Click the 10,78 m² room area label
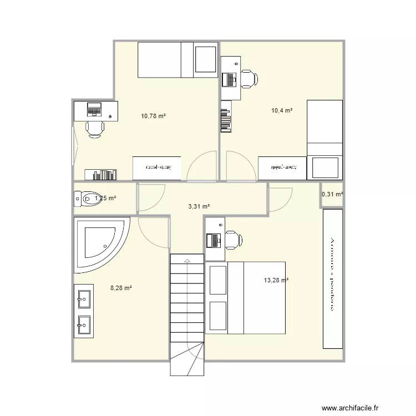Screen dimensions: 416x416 tap(154, 116)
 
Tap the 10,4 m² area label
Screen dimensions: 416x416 tap(281, 111)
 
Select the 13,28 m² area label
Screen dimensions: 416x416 tap(276, 281)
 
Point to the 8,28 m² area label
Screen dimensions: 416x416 tap(121, 288)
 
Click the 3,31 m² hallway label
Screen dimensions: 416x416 tap(199, 206)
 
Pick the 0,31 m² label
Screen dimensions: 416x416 tap(332, 194)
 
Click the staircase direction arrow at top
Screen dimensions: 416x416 tap(187, 259)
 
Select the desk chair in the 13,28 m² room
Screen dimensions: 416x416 tap(231, 240)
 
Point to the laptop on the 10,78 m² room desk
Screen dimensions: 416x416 tap(93, 109)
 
